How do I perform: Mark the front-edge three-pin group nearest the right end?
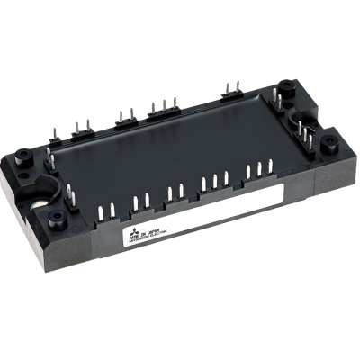point(262,170)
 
